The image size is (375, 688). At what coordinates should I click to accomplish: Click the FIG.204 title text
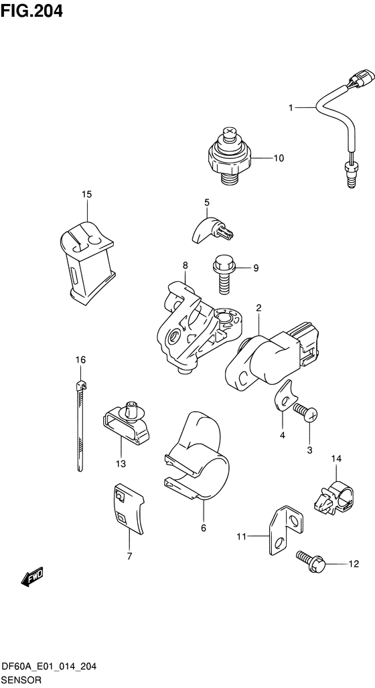(31, 11)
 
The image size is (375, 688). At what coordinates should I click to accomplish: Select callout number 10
(279, 158)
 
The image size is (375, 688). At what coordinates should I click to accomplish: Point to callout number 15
(86, 194)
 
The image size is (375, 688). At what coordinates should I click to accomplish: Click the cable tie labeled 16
(80, 425)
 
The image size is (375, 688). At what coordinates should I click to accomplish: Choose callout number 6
(204, 528)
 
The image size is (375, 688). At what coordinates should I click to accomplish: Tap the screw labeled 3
(305, 414)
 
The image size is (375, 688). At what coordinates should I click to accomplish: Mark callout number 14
(336, 459)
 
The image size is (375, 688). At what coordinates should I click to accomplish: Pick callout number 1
(291, 107)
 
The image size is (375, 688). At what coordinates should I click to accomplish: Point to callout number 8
(185, 265)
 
